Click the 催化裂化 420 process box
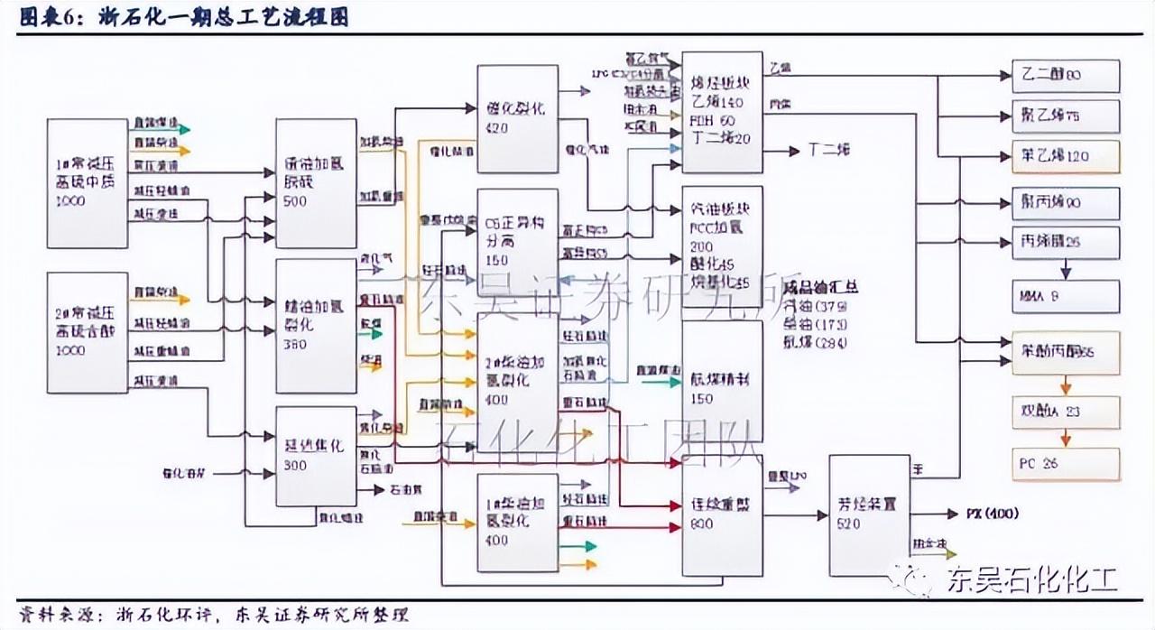click(x=517, y=118)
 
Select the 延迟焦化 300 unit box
click(x=315, y=455)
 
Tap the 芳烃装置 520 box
click(x=869, y=514)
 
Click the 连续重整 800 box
click(x=722, y=514)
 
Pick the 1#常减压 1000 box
click(x=87, y=182)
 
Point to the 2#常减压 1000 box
click(x=87, y=331)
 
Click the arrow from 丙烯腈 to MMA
click(x=1066, y=269)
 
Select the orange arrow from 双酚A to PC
click(x=1066, y=438)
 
